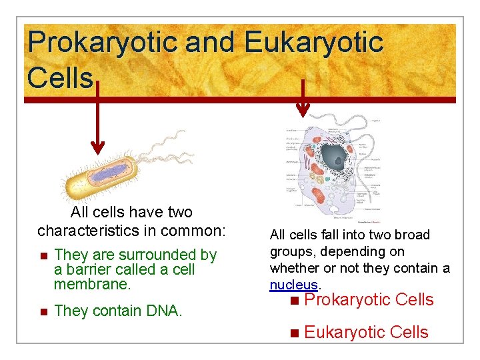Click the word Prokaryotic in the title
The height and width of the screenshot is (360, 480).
[102, 43]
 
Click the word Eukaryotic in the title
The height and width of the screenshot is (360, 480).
[313, 43]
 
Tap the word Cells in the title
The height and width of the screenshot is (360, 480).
[60, 77]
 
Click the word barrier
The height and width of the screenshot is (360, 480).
[87, 270]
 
